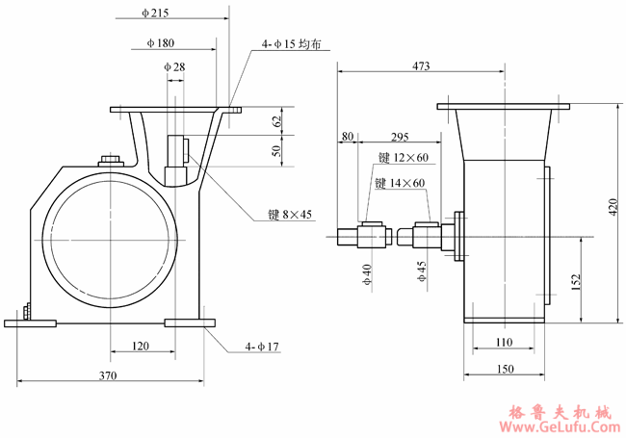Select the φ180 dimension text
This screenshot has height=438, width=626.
[x=160, y=43]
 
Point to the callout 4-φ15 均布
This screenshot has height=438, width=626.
[x=292, y=43]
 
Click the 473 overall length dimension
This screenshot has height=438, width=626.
[x=421, y=66]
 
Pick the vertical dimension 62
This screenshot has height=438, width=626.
[x=277, y=121]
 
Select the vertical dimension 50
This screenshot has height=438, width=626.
[x=277, y=152]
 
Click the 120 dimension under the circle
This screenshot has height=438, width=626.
[x=141, y=345]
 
